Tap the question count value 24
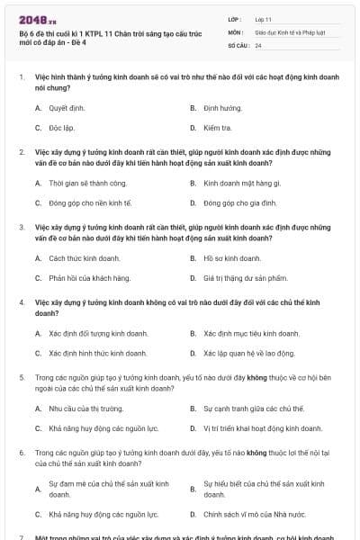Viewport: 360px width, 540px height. (x=258, y=44)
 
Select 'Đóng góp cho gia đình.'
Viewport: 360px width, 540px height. (x=237, y=203)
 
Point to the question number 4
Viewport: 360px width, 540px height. (x=22, y=303)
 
